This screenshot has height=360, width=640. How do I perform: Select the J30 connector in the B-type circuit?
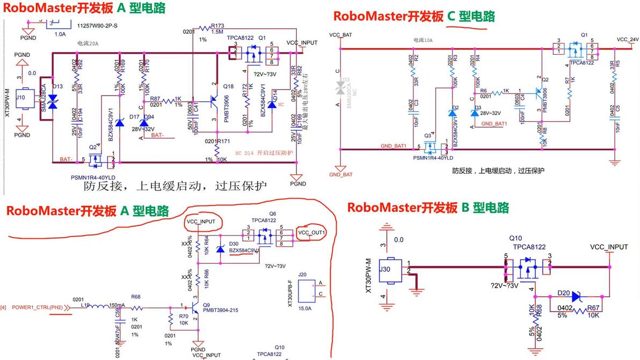pos(392,269)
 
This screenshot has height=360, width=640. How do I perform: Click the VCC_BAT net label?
pos(340,34)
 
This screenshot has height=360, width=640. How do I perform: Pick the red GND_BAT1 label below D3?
pos(494,123)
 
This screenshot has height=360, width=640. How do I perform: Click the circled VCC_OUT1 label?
pos(311,232)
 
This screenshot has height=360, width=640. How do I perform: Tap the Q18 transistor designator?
pos(228,86)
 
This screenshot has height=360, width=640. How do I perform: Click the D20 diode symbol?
pos(577,296)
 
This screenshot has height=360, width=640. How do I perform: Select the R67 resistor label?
pos(593,307)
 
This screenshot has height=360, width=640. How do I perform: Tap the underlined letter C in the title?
pos(452,17)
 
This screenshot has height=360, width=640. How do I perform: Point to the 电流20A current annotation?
pos(89,43)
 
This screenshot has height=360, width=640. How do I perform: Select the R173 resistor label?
pos(217,26)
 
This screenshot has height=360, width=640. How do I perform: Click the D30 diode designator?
pos(234,244)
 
